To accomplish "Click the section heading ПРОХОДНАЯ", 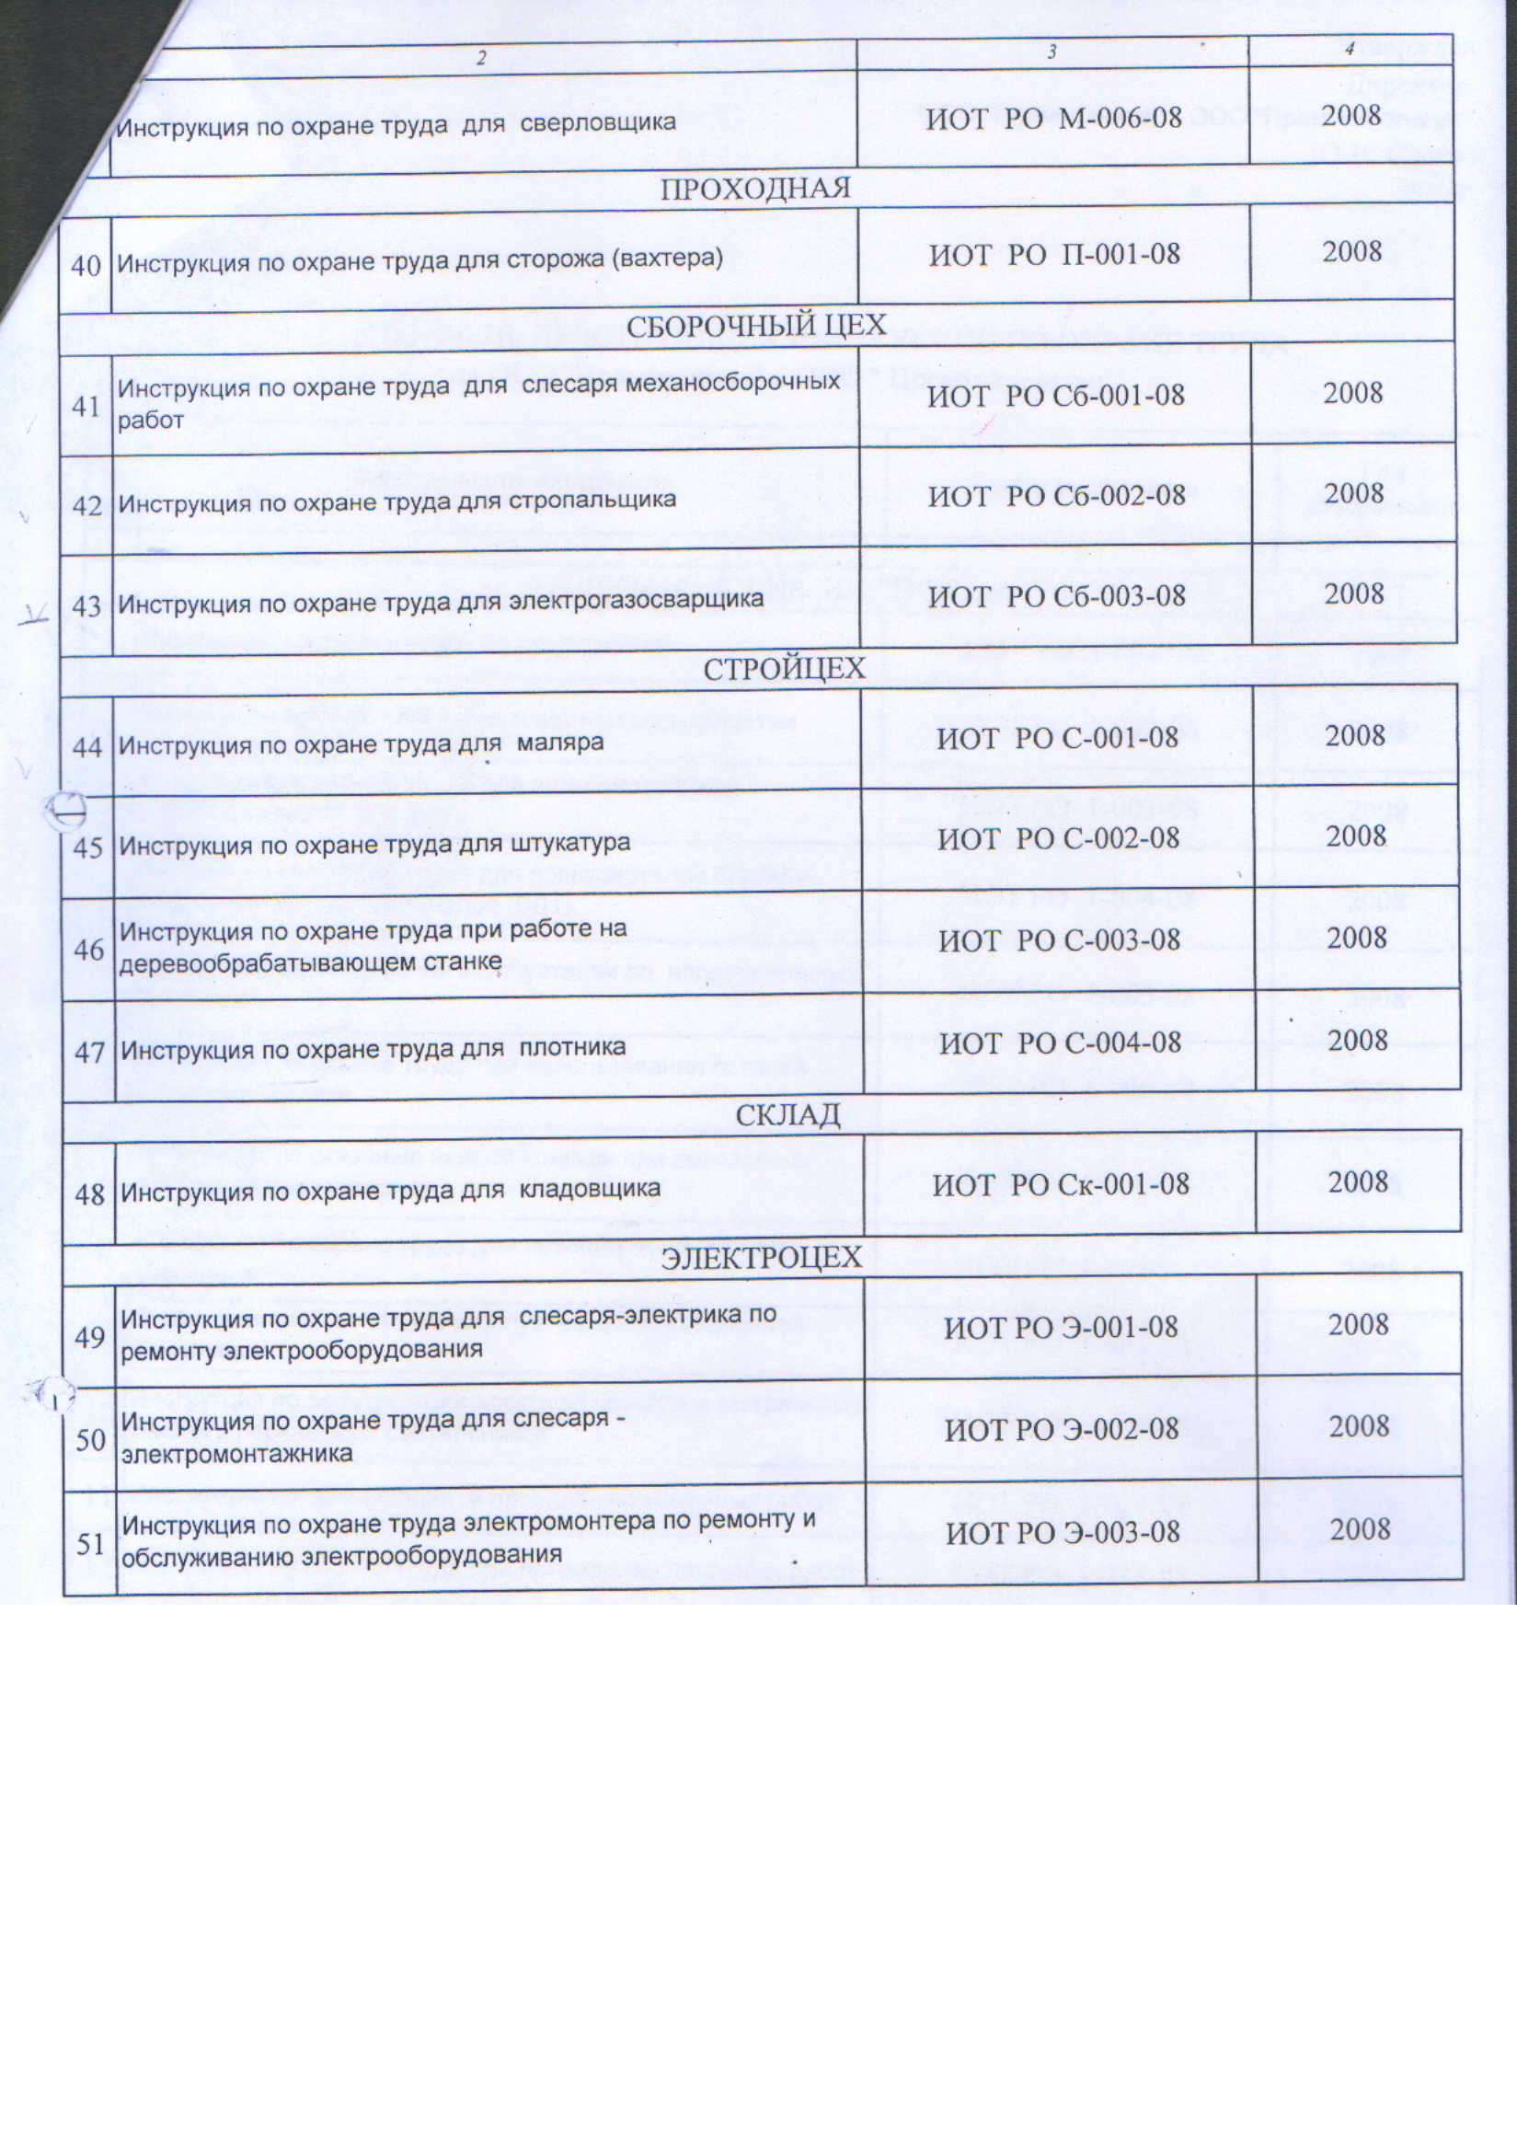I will point(754,189).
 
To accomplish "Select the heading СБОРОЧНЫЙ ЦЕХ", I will point(755,326).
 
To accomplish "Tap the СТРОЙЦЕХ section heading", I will point(784,669).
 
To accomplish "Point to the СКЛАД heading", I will point(787,1114).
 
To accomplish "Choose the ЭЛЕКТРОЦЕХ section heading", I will point(762,1258).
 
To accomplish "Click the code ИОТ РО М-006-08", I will point(1053,119).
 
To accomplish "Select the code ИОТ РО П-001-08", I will point(1053,254).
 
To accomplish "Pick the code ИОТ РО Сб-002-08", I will point(1056,495).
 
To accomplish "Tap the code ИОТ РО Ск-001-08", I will point(1060,1184).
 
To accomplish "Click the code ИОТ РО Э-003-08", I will point(1063,1532).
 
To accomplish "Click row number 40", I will point(86,265).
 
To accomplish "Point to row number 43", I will point(86,606).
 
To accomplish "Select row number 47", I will point(89,1052).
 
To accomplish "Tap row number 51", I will point(90,1543).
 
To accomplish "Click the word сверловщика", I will point(598,122).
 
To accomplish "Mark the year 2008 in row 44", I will point(1354,736).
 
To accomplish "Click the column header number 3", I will point(1052,53).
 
